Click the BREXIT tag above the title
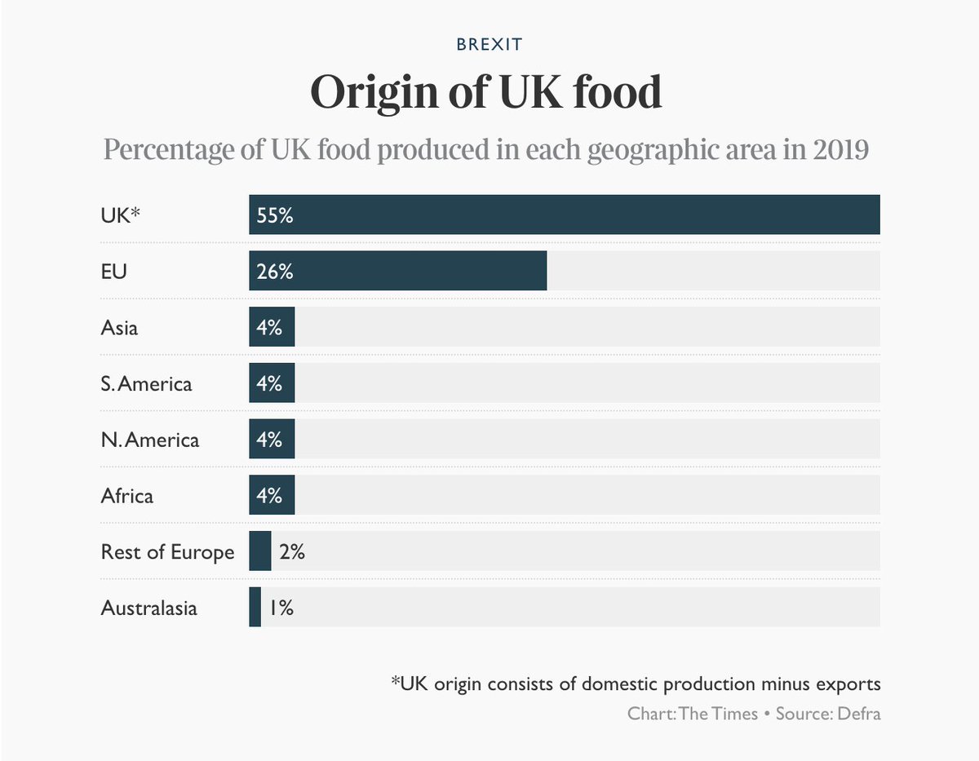(x=489, y=44)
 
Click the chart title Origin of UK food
(x=486, y=92)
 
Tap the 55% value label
(x=274, y=215)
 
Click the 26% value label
(x=274, y=272)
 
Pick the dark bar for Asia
(x=272, y=327)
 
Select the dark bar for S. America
(x=272, y=383)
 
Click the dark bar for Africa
(x=272, y=495)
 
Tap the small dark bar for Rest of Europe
(x=259, y=551)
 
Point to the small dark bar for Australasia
(x=255, y=608)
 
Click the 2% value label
(x=291, y=552)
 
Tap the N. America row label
(x=149, y=440)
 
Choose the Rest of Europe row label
(x=167, y=552)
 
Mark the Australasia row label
(x=148, y=608)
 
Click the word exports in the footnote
(x=847, y=684)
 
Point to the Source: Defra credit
(x=827, y=713)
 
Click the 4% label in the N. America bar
(x=269, y=440)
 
